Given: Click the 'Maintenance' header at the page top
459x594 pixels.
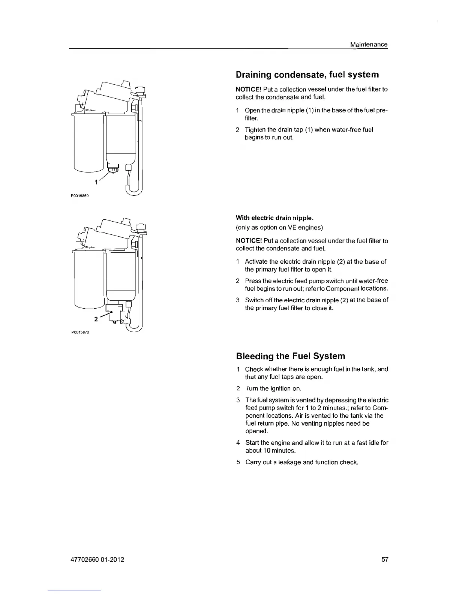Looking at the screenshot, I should (368, 44).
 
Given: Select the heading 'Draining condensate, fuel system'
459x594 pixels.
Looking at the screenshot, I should (307, 74).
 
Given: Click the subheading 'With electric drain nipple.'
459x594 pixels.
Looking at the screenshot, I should (274, 218).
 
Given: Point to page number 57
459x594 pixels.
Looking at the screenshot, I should (385, 559).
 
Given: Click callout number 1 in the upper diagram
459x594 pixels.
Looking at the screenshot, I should (96, 182).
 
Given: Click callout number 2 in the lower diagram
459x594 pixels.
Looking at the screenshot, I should (96, 319).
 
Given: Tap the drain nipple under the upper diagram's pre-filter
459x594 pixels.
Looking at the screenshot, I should (113, 171).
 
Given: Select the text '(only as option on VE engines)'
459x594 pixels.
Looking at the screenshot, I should (279, 227).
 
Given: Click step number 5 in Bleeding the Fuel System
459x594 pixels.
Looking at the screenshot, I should (238, 462).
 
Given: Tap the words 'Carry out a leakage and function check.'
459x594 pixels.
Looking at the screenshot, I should (302, 462).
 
